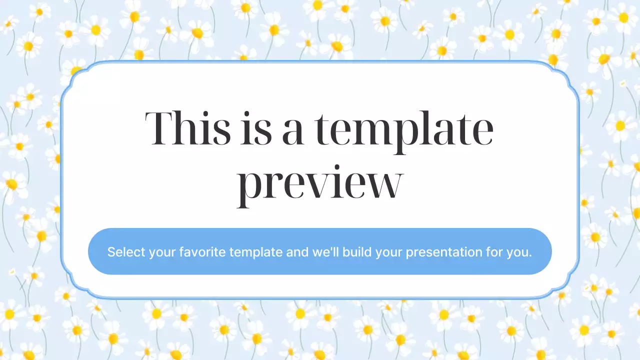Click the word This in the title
pos(188,128)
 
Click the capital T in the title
pos(159,128)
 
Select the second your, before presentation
pos(389,252)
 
